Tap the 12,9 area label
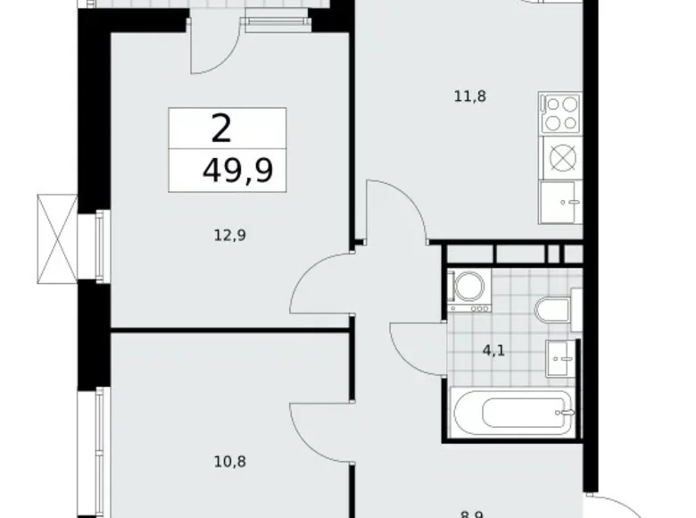pyautogui.click(x=229, y=236)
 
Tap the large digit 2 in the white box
pyautogui.click(x=221, y=129)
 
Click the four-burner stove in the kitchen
pyautogui.click(x=560, y=113)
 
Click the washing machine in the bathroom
pyautogui.click(x=468, y=288)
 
